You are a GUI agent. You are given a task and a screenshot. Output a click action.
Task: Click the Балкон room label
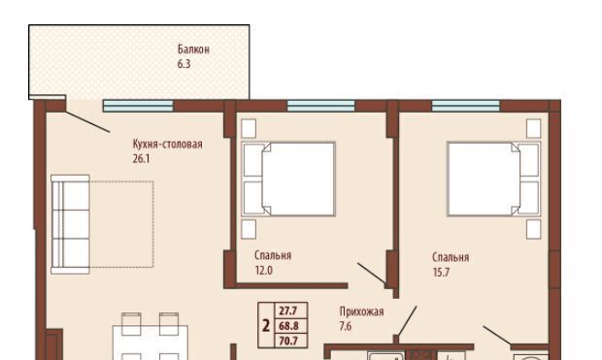coord(193,49)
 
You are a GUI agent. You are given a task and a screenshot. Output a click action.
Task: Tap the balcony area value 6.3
coord(184,64)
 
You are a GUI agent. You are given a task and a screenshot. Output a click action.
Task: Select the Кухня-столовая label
coord(167,145)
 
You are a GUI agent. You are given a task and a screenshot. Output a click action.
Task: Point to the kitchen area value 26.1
coord(141,159)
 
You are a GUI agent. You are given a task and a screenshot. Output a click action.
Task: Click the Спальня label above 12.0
coord(273,256)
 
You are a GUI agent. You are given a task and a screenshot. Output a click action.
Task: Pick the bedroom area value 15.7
coord(441,273)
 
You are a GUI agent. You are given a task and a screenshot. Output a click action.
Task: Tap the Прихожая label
coord(361,311)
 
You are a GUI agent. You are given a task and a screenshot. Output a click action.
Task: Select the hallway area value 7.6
coord(346,326)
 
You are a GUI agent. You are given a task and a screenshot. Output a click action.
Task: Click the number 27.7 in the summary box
coord(288,311)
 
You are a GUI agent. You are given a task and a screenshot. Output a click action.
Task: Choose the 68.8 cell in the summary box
coord(288,326)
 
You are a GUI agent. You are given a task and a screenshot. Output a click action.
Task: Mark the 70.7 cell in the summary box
coord(288,341)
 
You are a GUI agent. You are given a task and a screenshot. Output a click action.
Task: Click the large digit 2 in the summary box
coord(266,326)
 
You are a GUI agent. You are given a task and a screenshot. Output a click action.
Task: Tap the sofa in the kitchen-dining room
coord(71,224)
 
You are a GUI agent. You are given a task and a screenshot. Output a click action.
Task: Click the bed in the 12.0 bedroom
coord(288,179)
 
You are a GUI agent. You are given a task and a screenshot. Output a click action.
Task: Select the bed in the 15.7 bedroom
coord(493,179)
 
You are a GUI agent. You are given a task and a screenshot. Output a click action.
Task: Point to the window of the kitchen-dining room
coord(138,106)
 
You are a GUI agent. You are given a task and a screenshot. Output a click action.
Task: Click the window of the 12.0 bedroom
coord(321,106)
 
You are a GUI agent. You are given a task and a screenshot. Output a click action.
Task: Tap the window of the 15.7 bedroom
coord(466,106)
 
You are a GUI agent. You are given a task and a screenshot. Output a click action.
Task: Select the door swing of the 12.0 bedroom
coord(372,274)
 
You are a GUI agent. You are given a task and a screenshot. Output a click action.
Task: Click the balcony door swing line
coord(88,121)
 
